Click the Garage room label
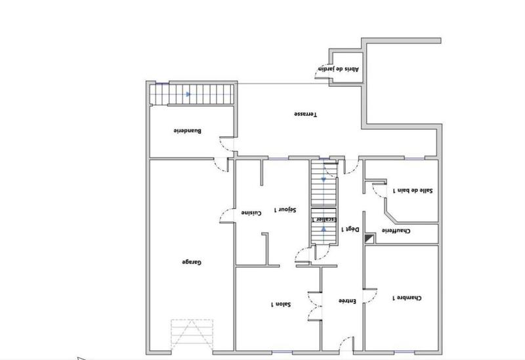pos(191,262)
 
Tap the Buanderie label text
pos(187,130)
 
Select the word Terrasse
pos(305,114)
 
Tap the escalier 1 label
pos(333,220)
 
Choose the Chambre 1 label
pos(407,298)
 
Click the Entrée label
pos(347,302)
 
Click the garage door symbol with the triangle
pos(192,334)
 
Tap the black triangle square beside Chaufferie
pos(368,239)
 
